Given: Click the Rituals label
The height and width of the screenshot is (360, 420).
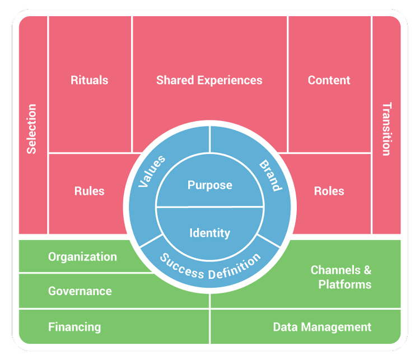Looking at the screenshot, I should [x=89, y=80].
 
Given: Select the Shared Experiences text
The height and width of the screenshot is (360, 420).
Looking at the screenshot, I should [x=209, y=80].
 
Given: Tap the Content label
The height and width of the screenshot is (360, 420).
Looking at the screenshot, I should [x=329, y=80].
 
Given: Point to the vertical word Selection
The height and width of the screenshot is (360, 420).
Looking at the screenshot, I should [x=31, y=129].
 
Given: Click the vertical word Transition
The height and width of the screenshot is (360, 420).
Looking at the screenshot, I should [x=386, y=129].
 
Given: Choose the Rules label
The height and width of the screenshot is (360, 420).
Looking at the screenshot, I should [x=89, y=191].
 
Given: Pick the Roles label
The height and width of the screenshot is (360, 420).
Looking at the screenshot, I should [x=329, y=191].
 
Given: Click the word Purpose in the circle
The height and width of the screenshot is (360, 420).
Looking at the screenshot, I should [x=209, y=185].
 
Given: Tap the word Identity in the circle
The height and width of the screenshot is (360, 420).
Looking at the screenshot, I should [x=209, y=232].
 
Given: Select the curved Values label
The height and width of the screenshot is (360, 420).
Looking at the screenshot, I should [x=152, y=171].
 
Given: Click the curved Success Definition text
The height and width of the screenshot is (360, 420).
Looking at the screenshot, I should [x=210, y=267].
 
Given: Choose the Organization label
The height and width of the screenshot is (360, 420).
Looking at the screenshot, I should [x=82, y=257].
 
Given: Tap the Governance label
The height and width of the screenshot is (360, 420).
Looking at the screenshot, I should [x=80, y=291].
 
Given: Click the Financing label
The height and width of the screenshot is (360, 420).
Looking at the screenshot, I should [x=74, y=327].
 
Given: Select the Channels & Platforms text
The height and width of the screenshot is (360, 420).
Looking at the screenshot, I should [x=341, y=277].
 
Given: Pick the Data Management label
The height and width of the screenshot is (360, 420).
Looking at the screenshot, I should [x=322, y=327].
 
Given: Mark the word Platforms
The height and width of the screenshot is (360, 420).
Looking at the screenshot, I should [x=344, y=284].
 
